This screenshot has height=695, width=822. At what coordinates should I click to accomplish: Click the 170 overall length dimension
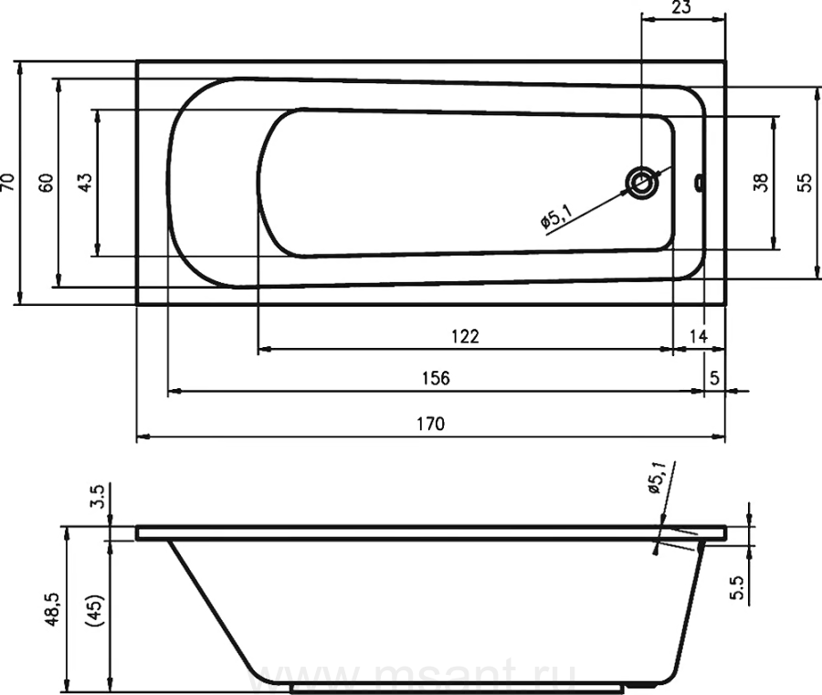[x=431, y=424]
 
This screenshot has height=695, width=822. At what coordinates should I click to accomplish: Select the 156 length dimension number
[x=436, y=378]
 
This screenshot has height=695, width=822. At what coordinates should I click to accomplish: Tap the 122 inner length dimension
[x=466, y=336]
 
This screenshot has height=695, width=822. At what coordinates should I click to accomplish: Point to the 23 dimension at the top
[x=681, y=7]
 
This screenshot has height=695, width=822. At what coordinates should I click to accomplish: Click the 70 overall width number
[x=9, y=182]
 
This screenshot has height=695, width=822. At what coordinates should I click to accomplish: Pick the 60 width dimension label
[x=47, y=183]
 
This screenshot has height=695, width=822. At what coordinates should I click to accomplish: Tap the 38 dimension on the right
[x=761, y=183]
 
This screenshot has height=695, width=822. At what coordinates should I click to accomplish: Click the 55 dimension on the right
[x=805, y=183]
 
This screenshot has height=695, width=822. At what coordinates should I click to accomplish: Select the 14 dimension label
[x=699, y=336]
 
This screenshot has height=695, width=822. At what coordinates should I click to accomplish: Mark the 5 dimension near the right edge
[x=714, y=378]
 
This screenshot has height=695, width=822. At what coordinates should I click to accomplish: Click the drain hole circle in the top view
[x=641, y=183]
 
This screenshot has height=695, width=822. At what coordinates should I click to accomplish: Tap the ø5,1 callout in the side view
[x=657, y=478]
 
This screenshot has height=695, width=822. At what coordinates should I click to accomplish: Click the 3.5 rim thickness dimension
[x=99, y=497]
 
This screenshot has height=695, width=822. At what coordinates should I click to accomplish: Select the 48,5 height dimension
[x=53, y=609]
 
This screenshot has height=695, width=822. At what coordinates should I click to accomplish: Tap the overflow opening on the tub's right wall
[x=699, y=183]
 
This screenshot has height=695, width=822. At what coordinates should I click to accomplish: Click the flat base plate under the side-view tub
[x=457, y=689]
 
